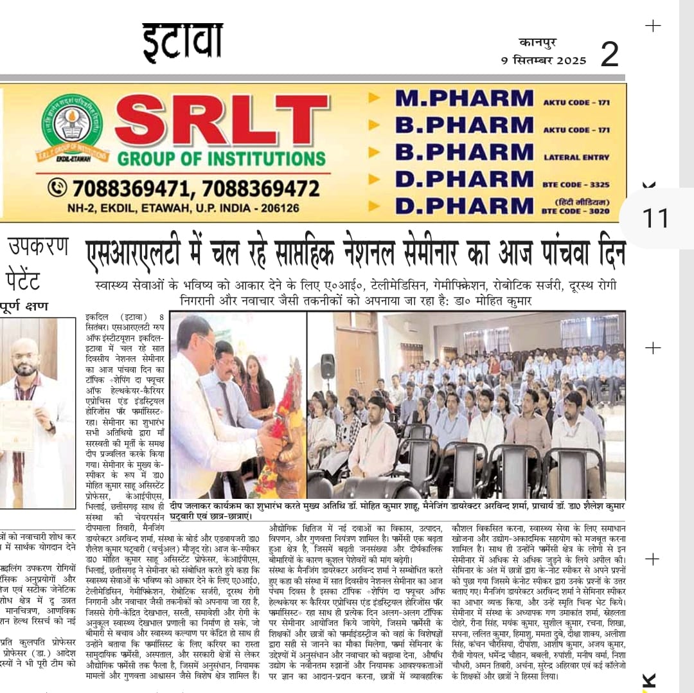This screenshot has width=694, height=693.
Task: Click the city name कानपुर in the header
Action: (538, 42)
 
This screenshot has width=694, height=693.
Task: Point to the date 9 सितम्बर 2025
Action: (544, 60)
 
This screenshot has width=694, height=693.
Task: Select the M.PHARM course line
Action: (464, 98)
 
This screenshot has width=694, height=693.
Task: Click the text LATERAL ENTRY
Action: (576, 157)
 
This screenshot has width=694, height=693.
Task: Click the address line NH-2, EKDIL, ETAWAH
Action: (183, 208)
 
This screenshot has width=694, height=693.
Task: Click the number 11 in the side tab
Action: (655, 219)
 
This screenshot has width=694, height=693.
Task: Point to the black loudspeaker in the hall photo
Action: (328, 366)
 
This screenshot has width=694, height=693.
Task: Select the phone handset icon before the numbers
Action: (57, 188)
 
